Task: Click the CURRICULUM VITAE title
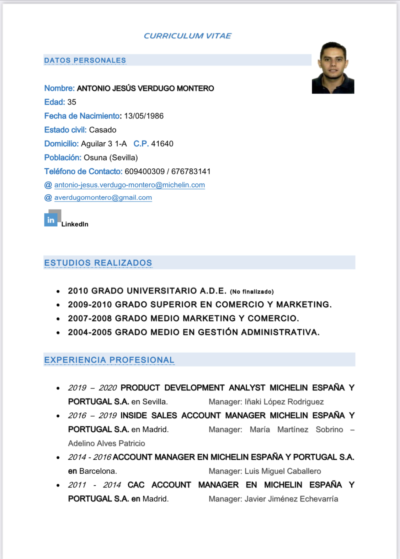coord(187,36)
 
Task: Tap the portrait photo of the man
coord(333,68)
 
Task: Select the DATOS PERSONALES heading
coord(85,60)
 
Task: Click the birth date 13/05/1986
coord(144,116)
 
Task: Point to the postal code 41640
coord(162,144)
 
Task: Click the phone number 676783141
coord(191,172)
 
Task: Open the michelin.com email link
coord(129,185)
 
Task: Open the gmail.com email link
coord(103,197)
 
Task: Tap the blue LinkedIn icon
coord(51,220)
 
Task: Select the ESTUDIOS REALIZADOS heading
coord(98,263)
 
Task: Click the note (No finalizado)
coord(252,292)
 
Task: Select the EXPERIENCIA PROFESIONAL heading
coord(109,360)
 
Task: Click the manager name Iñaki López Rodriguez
coord(284,402)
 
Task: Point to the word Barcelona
coord(97,471)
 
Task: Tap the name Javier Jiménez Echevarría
coord(291,499)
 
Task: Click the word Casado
coord(102,130)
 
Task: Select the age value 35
coord(71,102)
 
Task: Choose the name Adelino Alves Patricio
coord(106,443)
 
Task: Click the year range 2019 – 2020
coord(92,388)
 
